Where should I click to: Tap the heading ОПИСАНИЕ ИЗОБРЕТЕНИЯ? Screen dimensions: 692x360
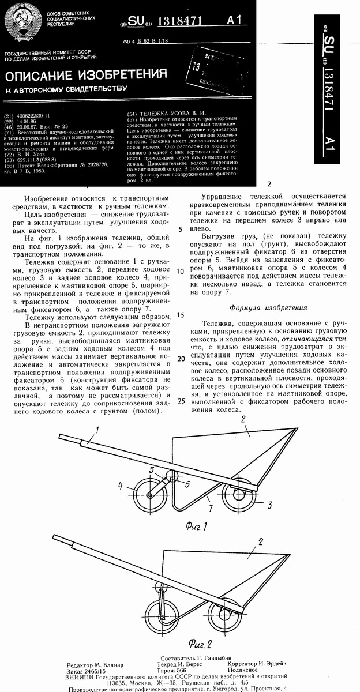tap(87, 75)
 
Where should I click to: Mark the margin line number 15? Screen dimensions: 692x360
tap(181, 315)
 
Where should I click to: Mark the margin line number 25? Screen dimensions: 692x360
tap(181, 401)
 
